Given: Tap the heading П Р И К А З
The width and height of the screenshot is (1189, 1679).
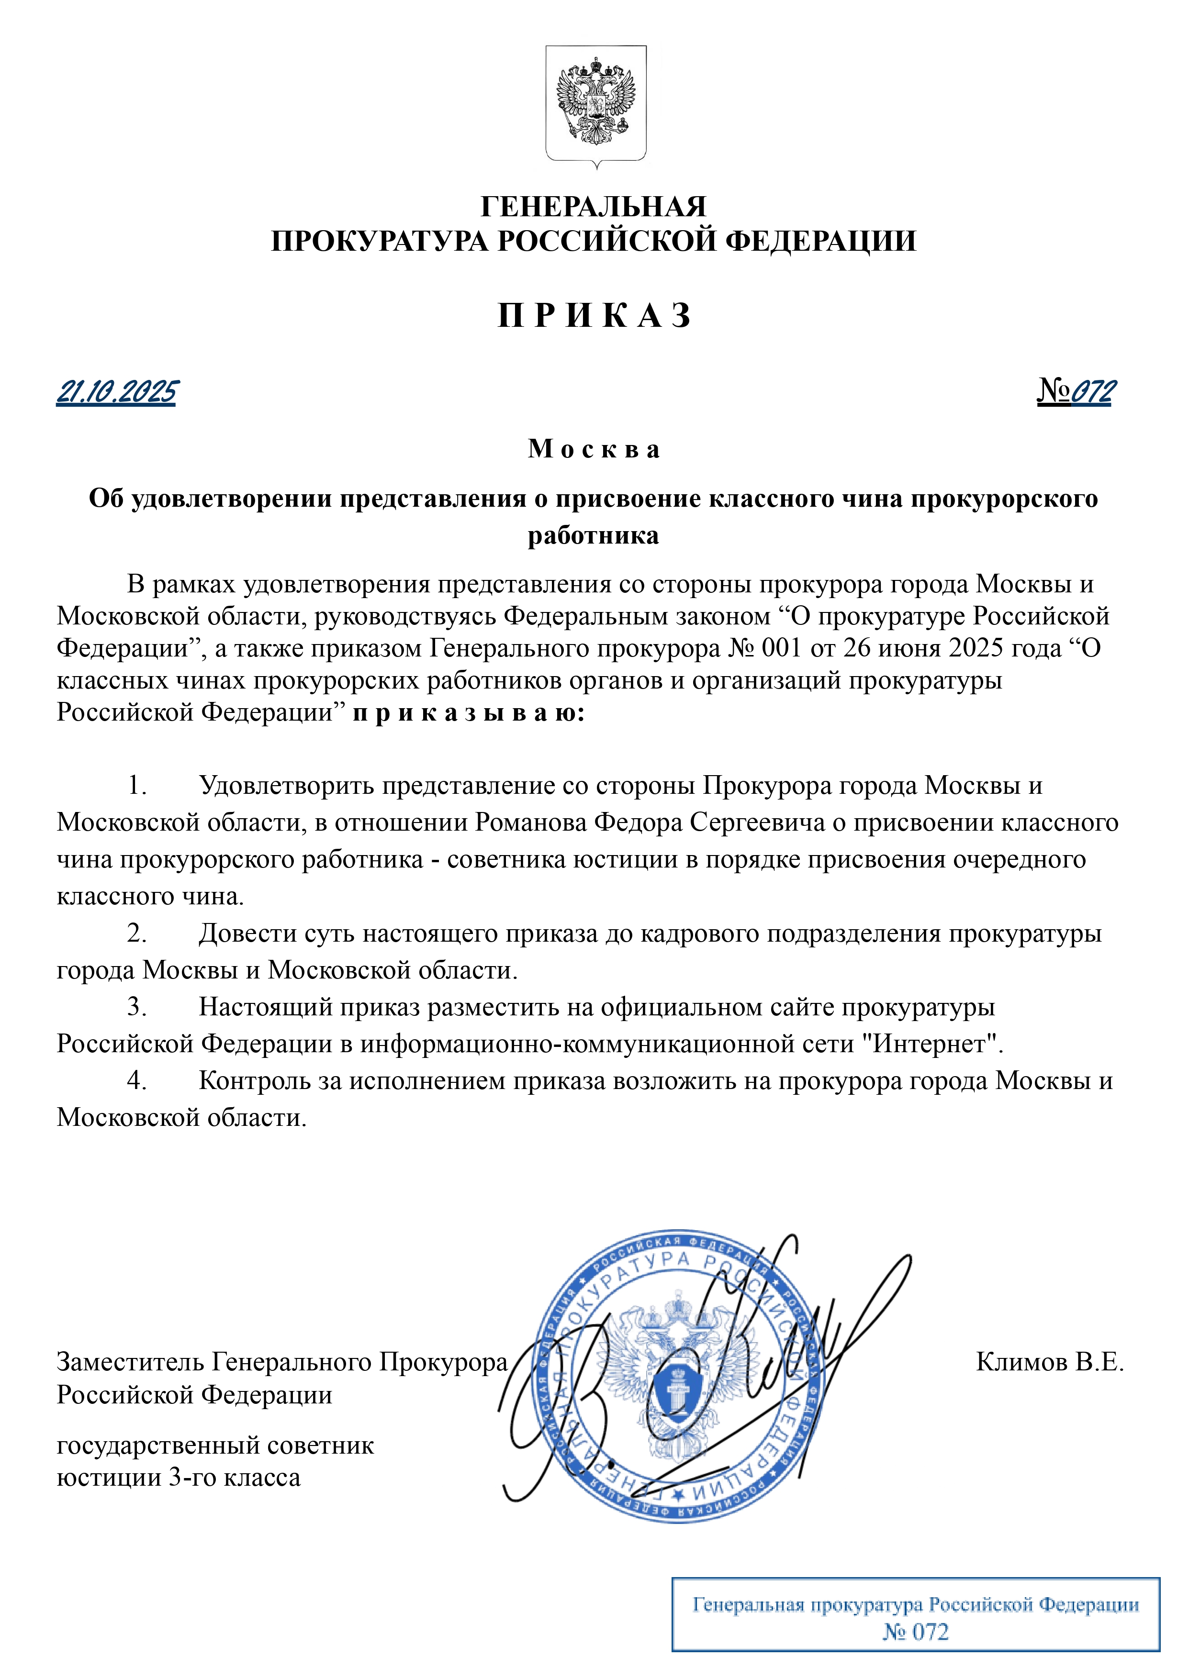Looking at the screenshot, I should coord(594,315).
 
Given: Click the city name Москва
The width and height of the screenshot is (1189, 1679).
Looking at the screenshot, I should coord(594,449).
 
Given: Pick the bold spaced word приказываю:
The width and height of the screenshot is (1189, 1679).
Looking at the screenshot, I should coord(469,712).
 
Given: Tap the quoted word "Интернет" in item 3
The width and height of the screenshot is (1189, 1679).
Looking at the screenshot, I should coord(927,1044).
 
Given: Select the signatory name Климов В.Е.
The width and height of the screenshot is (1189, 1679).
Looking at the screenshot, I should coord(1049,1361).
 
